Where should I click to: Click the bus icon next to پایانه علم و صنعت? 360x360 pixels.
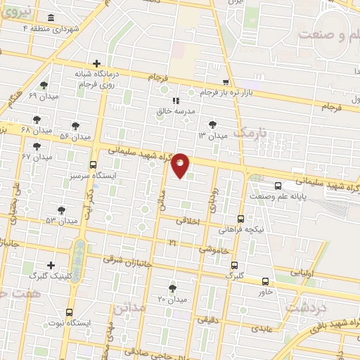pos(278,186)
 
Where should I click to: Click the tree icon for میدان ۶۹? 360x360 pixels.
pos(44,85)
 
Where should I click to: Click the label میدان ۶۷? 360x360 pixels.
pos(37,157)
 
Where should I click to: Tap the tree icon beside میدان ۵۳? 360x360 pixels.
pos(61,210)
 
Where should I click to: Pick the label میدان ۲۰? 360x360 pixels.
pos(171,299)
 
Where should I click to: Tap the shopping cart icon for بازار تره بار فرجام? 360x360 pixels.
pos(225,82)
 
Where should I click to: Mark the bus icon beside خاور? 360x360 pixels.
pos(265,281)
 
